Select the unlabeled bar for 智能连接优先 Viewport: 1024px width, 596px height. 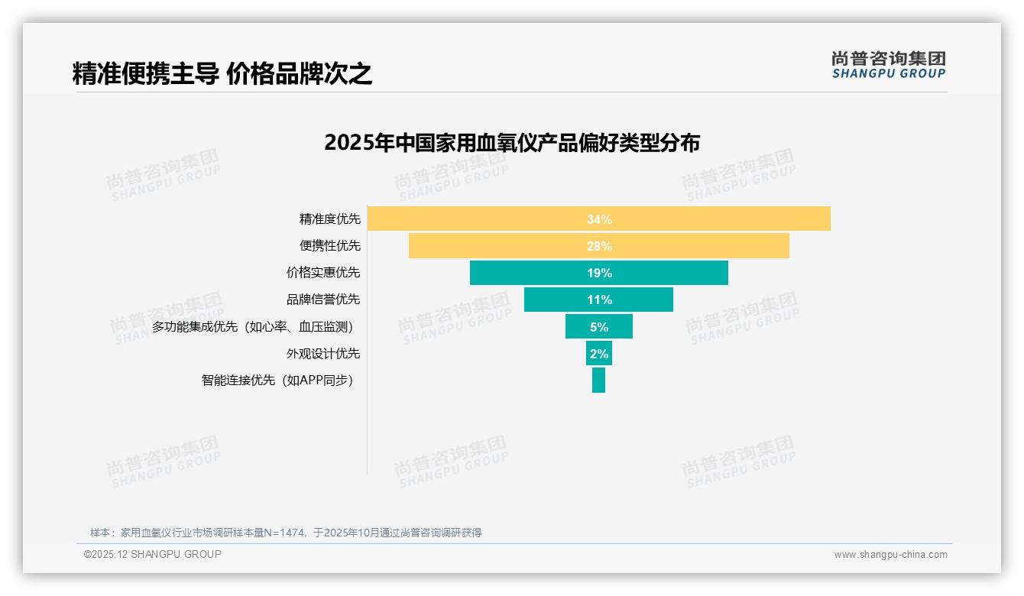click(598, 381)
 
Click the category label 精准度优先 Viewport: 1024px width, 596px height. click(329, 219)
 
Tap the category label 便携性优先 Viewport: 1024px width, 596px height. click(329, 246)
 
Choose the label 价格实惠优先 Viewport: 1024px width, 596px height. click(323, 273)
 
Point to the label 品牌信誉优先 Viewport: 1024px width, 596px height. click(323, 300)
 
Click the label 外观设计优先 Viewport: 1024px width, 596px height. click(323, 354)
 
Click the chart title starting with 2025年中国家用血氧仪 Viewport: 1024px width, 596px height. click(512, 143)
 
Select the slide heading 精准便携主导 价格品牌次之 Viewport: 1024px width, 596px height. click(222, 74)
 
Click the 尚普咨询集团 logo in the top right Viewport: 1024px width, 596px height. click(889, 65)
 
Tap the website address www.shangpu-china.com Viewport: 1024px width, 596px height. click(890, 555)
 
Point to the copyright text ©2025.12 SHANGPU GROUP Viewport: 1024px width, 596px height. click(153, 555)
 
